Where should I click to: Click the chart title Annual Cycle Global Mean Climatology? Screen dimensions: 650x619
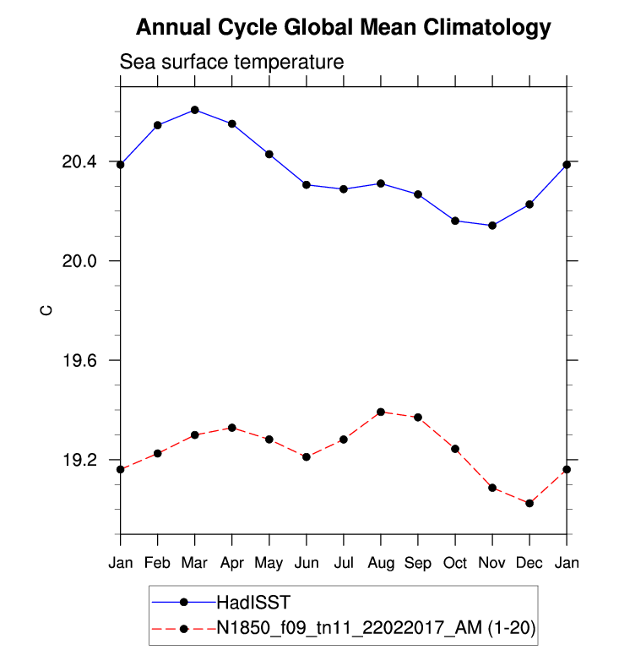pos(343,28)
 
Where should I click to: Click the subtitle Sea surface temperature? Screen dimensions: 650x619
pos(231,63)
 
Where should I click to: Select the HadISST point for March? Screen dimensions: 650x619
pos(195,110)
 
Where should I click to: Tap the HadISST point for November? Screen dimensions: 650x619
pos(492,226)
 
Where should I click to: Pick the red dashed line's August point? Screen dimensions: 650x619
pos(381,412)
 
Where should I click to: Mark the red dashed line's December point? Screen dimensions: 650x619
pos(529,503)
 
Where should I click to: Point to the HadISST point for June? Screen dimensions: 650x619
pos(307,184)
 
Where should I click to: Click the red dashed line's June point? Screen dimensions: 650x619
pos(307,457)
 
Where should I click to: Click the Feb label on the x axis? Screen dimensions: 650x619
pos(158,563)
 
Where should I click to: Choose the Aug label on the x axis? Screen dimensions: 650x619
pos(381,563)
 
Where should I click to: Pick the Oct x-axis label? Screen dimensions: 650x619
pos(455,563)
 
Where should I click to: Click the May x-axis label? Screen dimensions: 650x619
pos(269,563)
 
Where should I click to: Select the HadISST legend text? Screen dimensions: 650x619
pos(252,602)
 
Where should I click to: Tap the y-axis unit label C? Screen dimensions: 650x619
pos(47,311)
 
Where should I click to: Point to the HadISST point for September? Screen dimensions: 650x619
pos(418,194)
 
